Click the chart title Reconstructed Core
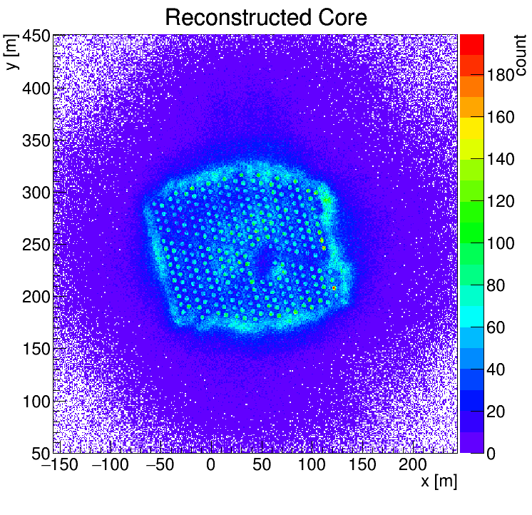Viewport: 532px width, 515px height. pos(265,17)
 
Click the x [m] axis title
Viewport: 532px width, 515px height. pos(438,481)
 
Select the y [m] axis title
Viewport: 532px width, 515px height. pos(12,53)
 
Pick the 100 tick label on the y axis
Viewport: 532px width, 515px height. pos(35,402)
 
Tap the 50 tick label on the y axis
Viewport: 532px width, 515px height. pos(39,454)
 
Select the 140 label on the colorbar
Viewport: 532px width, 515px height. pos(501,160)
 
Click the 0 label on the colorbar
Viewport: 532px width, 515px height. pos(493,454)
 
